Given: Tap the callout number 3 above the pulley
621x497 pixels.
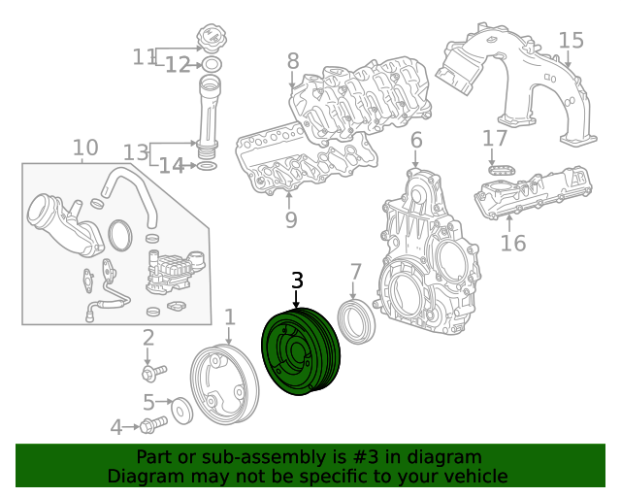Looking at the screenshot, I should coord(297,281).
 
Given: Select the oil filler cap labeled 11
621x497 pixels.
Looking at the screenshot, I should coord(211,42).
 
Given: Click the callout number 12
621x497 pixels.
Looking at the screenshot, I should coord(177,65).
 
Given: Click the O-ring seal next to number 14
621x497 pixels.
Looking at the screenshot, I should coord(207,166).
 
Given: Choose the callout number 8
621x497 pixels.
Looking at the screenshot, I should coord(292,62).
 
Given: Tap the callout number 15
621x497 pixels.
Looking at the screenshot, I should coord(572,40).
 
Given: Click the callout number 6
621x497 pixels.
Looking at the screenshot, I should coord(415,141).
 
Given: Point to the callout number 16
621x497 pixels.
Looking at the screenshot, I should coord(512,242).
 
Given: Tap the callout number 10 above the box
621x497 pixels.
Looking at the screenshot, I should coord(85,148).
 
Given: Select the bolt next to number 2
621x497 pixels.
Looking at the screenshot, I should coord(153,371).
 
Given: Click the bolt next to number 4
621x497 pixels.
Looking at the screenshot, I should coord(152,424).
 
